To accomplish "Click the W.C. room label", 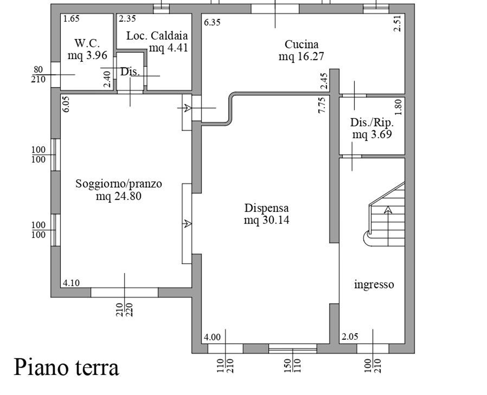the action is pos(88,43).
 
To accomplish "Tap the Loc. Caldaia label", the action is pos(157,36).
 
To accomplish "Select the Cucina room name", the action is pos(302,44).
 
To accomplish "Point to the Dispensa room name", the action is pos(266,208).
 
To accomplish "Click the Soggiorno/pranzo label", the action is pos(118,183).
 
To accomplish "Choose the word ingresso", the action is pos(374,284).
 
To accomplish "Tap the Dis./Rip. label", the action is pos(372,122).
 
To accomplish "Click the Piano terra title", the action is pos(67,367).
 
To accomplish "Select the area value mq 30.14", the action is pos(266,220).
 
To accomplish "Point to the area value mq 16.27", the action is pos(301,57).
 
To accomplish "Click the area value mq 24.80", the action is pos(118,196).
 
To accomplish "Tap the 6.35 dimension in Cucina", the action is pos(212,22).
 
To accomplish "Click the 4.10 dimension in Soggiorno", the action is pos(71,283).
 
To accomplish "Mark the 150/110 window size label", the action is pos(292,366).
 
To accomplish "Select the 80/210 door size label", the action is pos(38,75).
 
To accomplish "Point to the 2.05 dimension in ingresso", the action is pos(350,337).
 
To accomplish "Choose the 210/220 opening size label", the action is pos(125,310).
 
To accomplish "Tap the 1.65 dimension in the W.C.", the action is pos(71,19).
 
